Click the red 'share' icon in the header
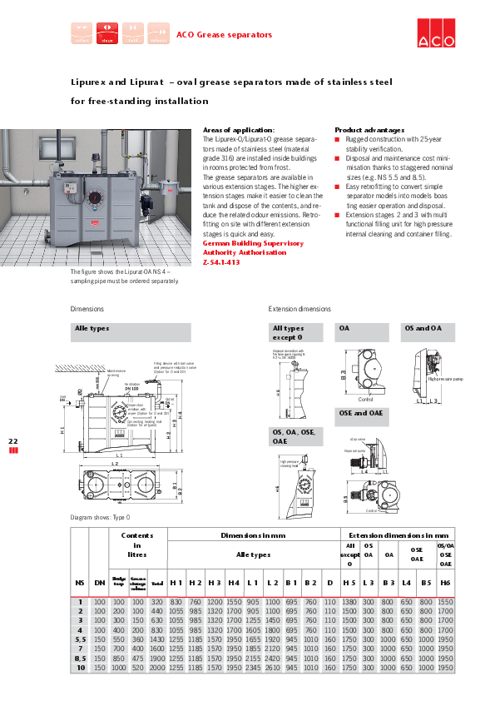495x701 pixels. [x=107, y=33]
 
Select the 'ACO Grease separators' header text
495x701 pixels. [x=224, y=35]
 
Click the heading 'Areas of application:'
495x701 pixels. [x=239, y=130]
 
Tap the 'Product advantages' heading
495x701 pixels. [x=369, y=130]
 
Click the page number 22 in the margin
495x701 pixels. [x=12, y=440]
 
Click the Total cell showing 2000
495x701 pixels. [x=157, y=668]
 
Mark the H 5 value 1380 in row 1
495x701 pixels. [x=349, y=601]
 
